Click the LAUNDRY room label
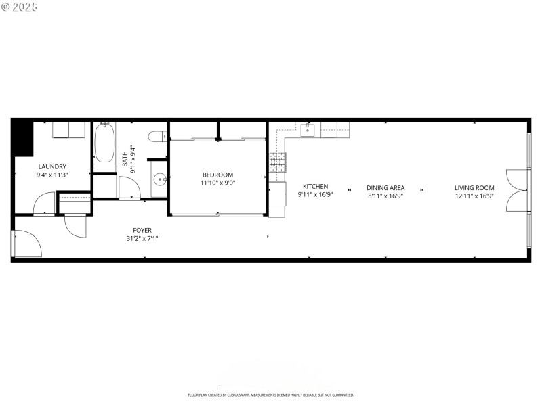[52, 166]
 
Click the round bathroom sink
[159, 180]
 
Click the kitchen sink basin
[308, 129]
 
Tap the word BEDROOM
[217, 175]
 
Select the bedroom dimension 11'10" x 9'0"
[217, 183]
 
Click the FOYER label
[142, 230]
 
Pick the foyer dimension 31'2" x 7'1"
[142, 238]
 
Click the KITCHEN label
[315, 187]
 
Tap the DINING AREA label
[385, 188]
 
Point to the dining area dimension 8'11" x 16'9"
[385, 196]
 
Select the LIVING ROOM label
[474, 188]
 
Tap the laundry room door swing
[45, 202]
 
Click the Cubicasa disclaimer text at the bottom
[271, 394]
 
